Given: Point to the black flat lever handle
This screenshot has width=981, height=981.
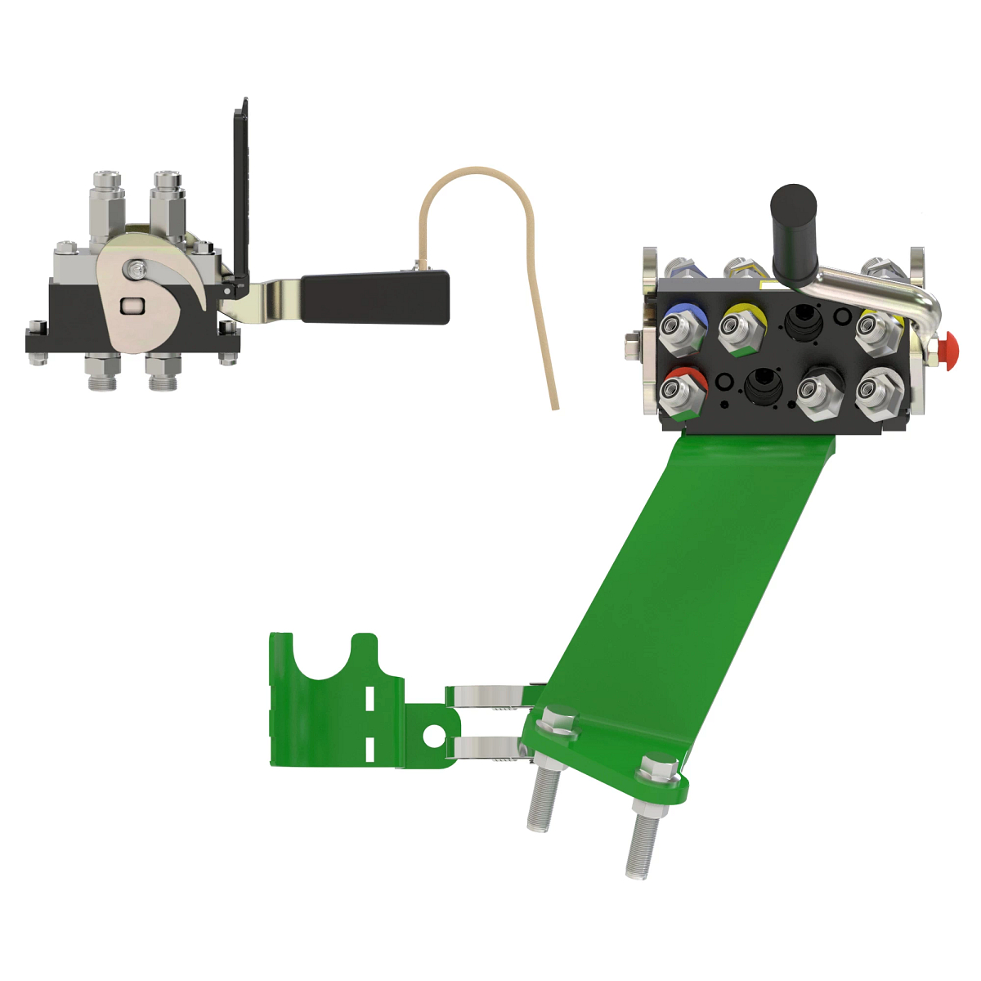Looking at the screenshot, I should pos(375,297).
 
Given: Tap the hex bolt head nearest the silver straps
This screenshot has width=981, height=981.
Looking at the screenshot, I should pos(558,723).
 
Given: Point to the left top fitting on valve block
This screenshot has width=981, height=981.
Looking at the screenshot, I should pos(107,196).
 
